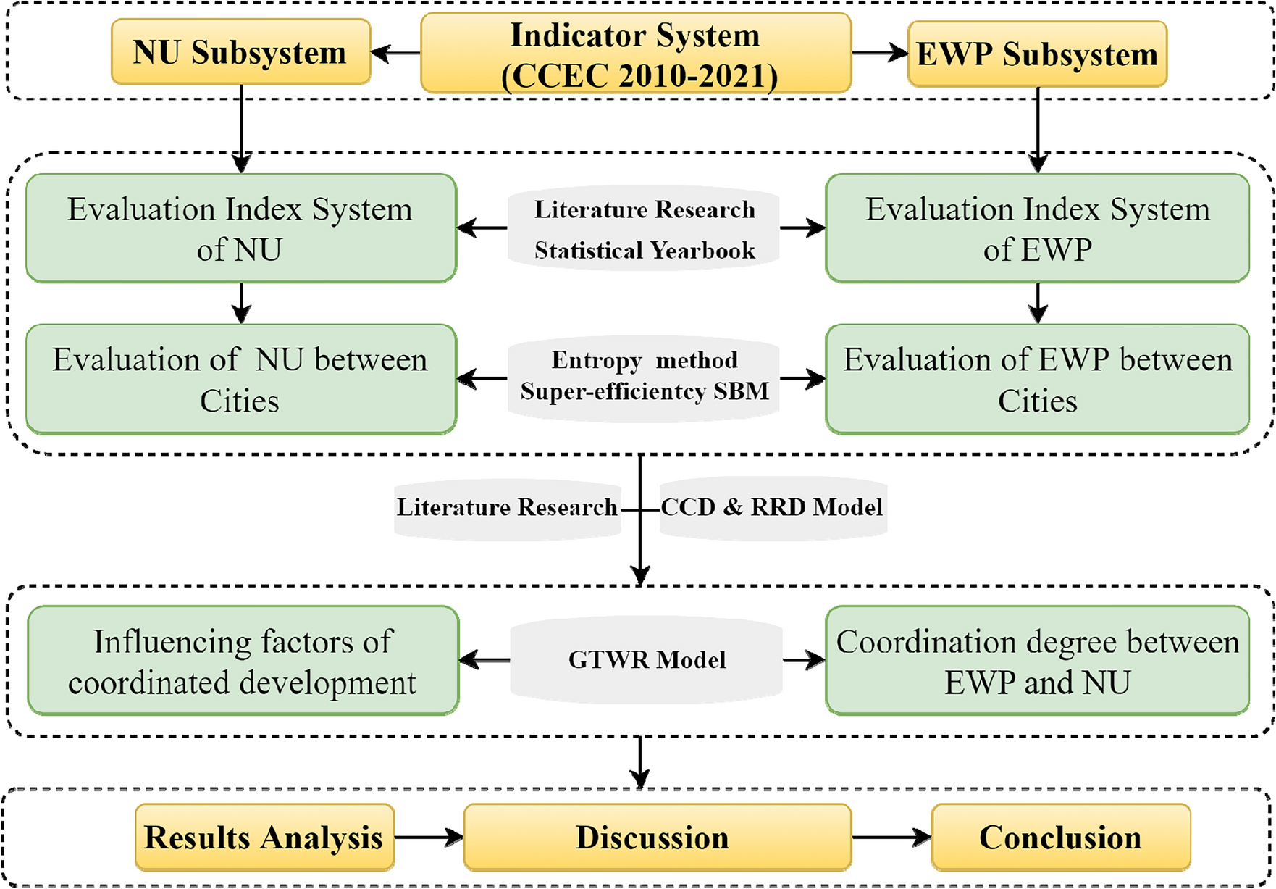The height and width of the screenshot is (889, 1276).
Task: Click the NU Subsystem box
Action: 240,52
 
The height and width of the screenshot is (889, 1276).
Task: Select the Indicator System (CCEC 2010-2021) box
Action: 635,54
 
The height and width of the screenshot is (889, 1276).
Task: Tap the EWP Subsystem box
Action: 1037,54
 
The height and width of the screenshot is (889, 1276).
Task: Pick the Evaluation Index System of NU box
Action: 240,228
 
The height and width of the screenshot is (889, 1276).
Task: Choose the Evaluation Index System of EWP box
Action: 1037,228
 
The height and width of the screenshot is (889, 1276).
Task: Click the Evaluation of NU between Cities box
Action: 240,379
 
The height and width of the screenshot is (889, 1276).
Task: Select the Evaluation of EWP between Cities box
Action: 1037,379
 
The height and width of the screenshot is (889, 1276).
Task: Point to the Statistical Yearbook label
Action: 644,251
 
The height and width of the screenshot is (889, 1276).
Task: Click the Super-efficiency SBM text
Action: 644,392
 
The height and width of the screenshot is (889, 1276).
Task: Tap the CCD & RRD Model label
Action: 772,507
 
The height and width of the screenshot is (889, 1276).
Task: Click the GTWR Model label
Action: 646,660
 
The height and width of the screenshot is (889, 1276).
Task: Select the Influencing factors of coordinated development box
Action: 243,661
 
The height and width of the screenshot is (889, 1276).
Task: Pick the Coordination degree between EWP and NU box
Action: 1037,661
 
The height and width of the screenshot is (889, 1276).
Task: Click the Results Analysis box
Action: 264,838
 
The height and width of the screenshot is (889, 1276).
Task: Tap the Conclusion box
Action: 1060,838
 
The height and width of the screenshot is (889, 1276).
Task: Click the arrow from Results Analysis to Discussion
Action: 429,838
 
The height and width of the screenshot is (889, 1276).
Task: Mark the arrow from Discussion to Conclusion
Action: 891,838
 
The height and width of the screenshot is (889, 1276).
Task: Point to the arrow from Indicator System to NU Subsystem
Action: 395,53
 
